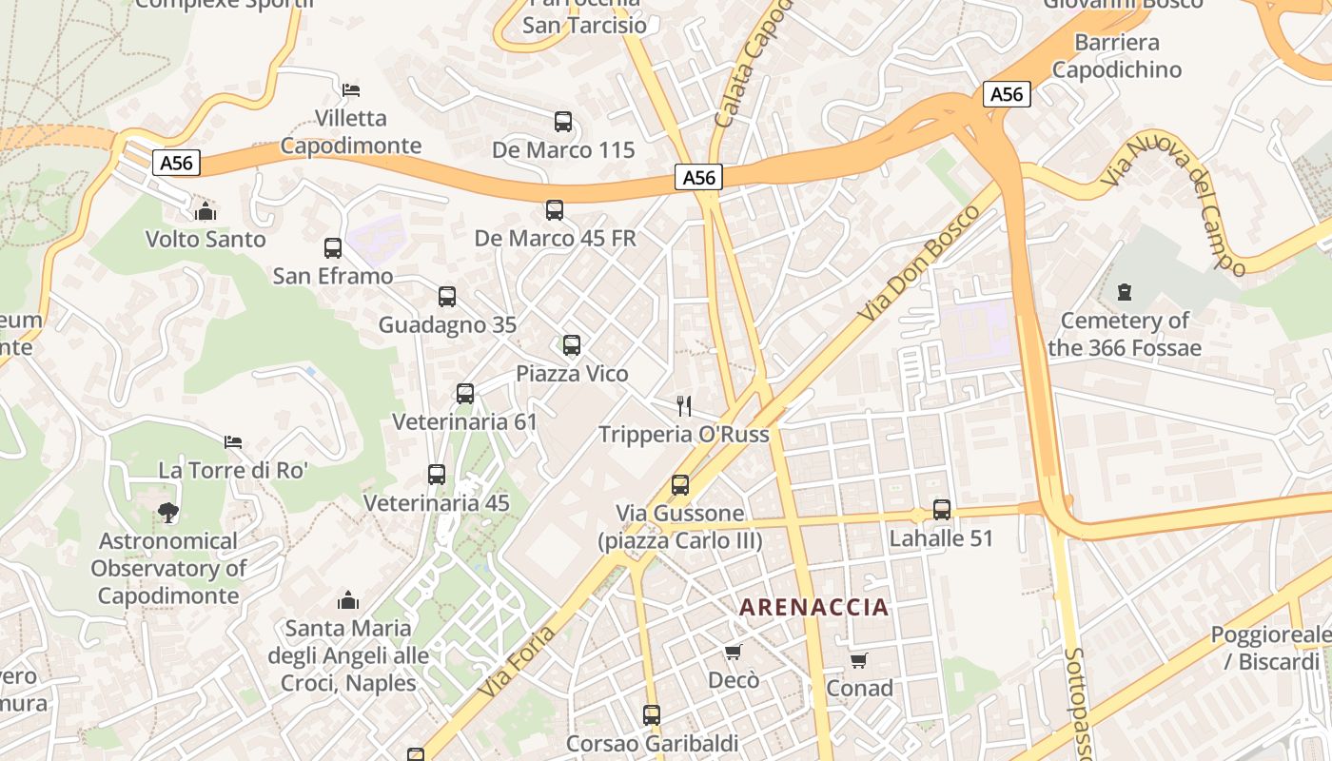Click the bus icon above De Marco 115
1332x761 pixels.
563,122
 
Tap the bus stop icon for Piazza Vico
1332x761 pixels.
572,345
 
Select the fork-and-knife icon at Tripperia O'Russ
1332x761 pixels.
683,406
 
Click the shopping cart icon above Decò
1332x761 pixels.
733,652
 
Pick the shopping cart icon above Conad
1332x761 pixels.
859,660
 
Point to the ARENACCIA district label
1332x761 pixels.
814,607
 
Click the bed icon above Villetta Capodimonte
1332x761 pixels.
351,90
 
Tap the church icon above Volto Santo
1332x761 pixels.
206,211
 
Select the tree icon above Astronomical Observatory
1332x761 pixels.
168,513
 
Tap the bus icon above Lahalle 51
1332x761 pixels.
942,510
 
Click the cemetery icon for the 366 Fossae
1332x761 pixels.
1125,292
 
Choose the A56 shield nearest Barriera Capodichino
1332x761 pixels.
1007,94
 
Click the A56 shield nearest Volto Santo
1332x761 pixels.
176,163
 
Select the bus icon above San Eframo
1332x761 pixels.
333,248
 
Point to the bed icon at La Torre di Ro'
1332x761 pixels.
233,442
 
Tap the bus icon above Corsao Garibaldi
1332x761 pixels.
652,714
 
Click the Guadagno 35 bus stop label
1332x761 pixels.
447,324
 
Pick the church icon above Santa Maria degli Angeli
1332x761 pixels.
348,600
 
